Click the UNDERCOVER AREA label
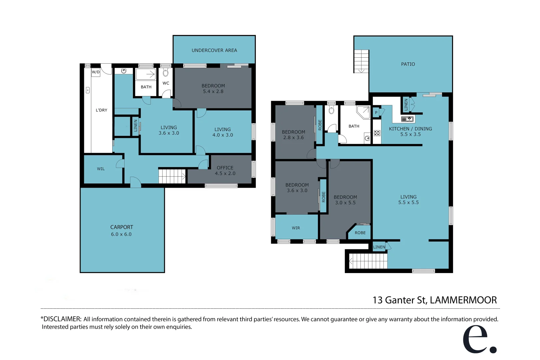[x=214, y=50]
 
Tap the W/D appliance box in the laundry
[x=96, y=72]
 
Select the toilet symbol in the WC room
[x=166, y=73]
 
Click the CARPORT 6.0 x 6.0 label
[x=122, y=230]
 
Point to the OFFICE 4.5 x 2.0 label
[x=225, y=170]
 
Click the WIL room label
[x=101, y=169]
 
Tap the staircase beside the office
[x=172, y=176]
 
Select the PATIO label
[x=408, y=64]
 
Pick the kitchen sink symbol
[x=407, y=119]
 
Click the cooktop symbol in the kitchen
[x=377, y=133]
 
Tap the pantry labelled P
[x=376, y=113]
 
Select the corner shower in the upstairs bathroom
[x=363, y=112]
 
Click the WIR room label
[x=296, y=228]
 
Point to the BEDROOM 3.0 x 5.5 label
[x=345, y=200]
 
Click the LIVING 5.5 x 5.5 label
[x=408, y=199]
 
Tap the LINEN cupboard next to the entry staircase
[x=379, y=247]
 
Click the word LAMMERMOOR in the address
[x=463, y=300]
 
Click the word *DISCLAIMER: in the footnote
[x=61, y=319]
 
